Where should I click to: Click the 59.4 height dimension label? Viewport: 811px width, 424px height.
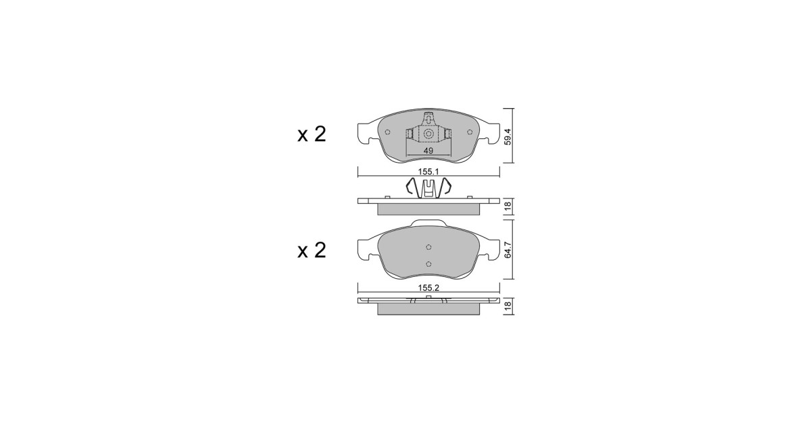coord(508,136)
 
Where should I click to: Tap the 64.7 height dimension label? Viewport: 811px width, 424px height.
coord(508,250)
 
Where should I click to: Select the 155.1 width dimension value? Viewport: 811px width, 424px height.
coord(428,172)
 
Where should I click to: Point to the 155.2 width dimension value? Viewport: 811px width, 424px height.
coord(428,288)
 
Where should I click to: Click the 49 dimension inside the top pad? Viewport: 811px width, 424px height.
coord(428,151)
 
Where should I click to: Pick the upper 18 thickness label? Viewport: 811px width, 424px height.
coord(508,206)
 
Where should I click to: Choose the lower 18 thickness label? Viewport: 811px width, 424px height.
coord(508,305)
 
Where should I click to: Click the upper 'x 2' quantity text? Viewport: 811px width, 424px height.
coord(312,134)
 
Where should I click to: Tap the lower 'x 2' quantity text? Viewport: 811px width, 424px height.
coord(312,250)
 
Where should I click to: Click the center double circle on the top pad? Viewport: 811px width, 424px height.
coord(428,134)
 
